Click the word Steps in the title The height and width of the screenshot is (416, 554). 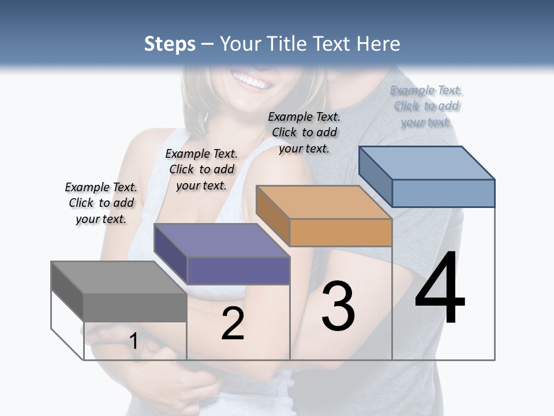coord(169,44)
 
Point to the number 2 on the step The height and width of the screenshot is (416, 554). coord(233,323)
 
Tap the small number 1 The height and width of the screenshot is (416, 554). coord(133,341)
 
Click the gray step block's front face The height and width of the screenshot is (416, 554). coord(135,307)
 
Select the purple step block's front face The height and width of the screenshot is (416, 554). coord(238,270)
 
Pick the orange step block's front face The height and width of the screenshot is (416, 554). coord(340,232)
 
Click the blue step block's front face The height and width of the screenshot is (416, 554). coord(443,193)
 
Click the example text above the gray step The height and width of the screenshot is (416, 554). coord(101,203)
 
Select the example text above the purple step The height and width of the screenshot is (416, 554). coord(201,169)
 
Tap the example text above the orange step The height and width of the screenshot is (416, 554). coord(304,132)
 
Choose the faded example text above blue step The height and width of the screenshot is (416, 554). coord(426,106)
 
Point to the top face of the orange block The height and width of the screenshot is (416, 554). coord(324,202)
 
